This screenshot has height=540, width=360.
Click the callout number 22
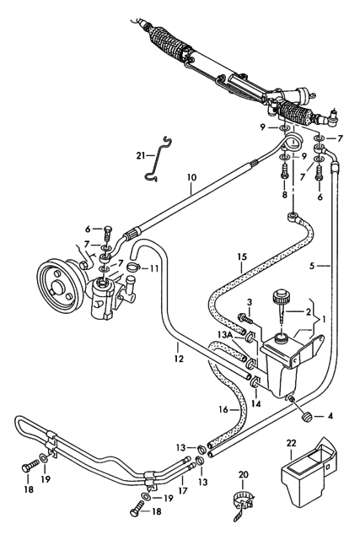click(291, 442)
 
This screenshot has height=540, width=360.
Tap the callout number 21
click(141, 155)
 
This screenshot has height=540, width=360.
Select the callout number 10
click(192, 178)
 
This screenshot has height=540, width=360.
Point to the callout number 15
click(242, 256)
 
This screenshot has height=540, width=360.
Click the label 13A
click(226, 334)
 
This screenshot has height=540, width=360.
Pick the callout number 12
click(179, 359)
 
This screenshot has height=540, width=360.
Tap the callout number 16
click(223, 409)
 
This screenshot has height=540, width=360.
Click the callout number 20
click(244, 475)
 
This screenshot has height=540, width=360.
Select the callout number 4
click(330, 416)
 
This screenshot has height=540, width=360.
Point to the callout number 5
click(312, 266)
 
